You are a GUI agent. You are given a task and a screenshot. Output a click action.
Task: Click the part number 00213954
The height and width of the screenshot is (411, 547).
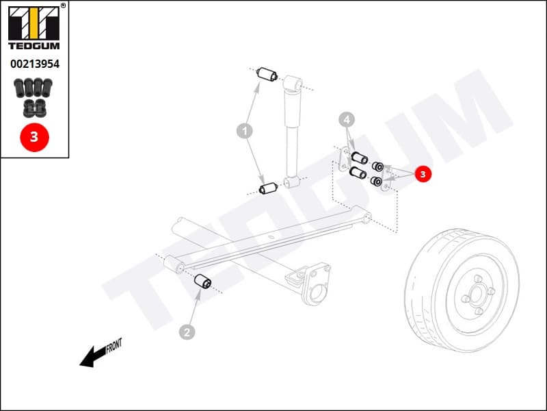(34, 64)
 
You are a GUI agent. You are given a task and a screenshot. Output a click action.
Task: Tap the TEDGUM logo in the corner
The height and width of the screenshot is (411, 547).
(34, 27)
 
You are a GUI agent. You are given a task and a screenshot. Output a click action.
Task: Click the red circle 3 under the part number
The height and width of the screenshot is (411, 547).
(34, 137)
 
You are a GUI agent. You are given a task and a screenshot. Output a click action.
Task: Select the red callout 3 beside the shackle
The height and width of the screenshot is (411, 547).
(423, 175)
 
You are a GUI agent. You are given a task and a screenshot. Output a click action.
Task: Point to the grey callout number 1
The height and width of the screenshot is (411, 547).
(244, 129)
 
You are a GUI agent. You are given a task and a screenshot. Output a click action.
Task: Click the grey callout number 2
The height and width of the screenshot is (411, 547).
(187, 332)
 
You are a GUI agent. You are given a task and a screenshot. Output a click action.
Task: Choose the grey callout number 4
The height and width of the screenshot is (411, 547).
(347, 121)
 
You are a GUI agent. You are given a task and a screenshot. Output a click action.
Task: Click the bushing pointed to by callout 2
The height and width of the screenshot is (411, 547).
(203, 282)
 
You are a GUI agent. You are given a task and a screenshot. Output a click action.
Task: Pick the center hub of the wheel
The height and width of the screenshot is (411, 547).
(476, 292)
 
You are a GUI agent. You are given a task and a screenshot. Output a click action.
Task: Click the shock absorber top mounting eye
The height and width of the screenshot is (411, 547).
(293, 84)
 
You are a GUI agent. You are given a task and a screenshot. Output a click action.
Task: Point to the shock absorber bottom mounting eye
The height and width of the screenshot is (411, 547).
(293, 183)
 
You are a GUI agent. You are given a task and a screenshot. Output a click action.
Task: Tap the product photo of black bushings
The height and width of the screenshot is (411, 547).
(34, 96)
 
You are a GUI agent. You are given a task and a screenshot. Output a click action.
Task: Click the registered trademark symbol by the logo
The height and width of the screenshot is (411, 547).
(64, 5)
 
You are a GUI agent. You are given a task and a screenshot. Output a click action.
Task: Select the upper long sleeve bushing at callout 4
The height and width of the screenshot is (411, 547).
(359, 158)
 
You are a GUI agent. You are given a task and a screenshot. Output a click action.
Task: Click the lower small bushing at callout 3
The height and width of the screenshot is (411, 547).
(375, 181)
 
